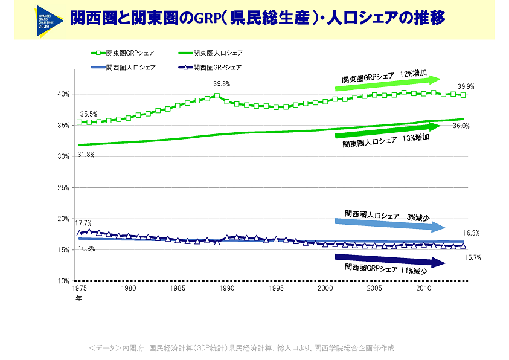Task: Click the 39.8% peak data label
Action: click(x=222, y=83)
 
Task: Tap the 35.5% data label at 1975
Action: click(x=89, y=114)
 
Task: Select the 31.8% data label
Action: click(x=86, y=155)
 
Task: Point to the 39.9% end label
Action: click(x=466, y=86)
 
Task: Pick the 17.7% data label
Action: click(x=83, y=223)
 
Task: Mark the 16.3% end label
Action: click(x=471, y=233)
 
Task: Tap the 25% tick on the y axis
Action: click(x=62, y=187)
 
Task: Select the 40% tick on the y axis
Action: click(x=62, y=94)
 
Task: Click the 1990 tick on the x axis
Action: click(x=226, y=289)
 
